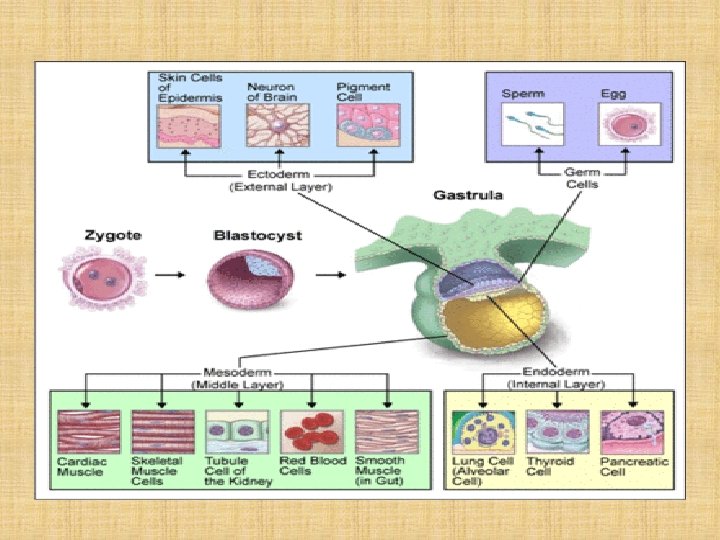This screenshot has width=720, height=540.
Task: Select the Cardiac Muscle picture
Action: (88, 431)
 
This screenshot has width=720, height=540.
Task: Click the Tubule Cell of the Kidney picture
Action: (236, 431)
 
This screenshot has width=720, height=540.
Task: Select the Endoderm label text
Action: (556, 371)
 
